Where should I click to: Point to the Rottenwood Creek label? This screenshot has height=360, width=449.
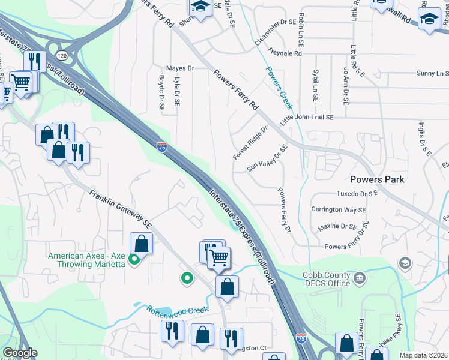[178, 310]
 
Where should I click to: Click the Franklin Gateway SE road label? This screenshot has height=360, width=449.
[121, 209]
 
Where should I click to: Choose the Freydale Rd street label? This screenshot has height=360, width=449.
[286, 53]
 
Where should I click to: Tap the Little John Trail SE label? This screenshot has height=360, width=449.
[307, 118]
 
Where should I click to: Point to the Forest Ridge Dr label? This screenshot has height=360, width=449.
[250, 143]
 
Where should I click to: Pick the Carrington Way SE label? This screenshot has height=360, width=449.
[338, 209]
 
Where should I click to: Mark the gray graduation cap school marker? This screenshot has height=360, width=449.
[405, 263]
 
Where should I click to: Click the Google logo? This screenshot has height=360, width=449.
[20, 353]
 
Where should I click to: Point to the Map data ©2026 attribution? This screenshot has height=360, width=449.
[423, 355]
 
